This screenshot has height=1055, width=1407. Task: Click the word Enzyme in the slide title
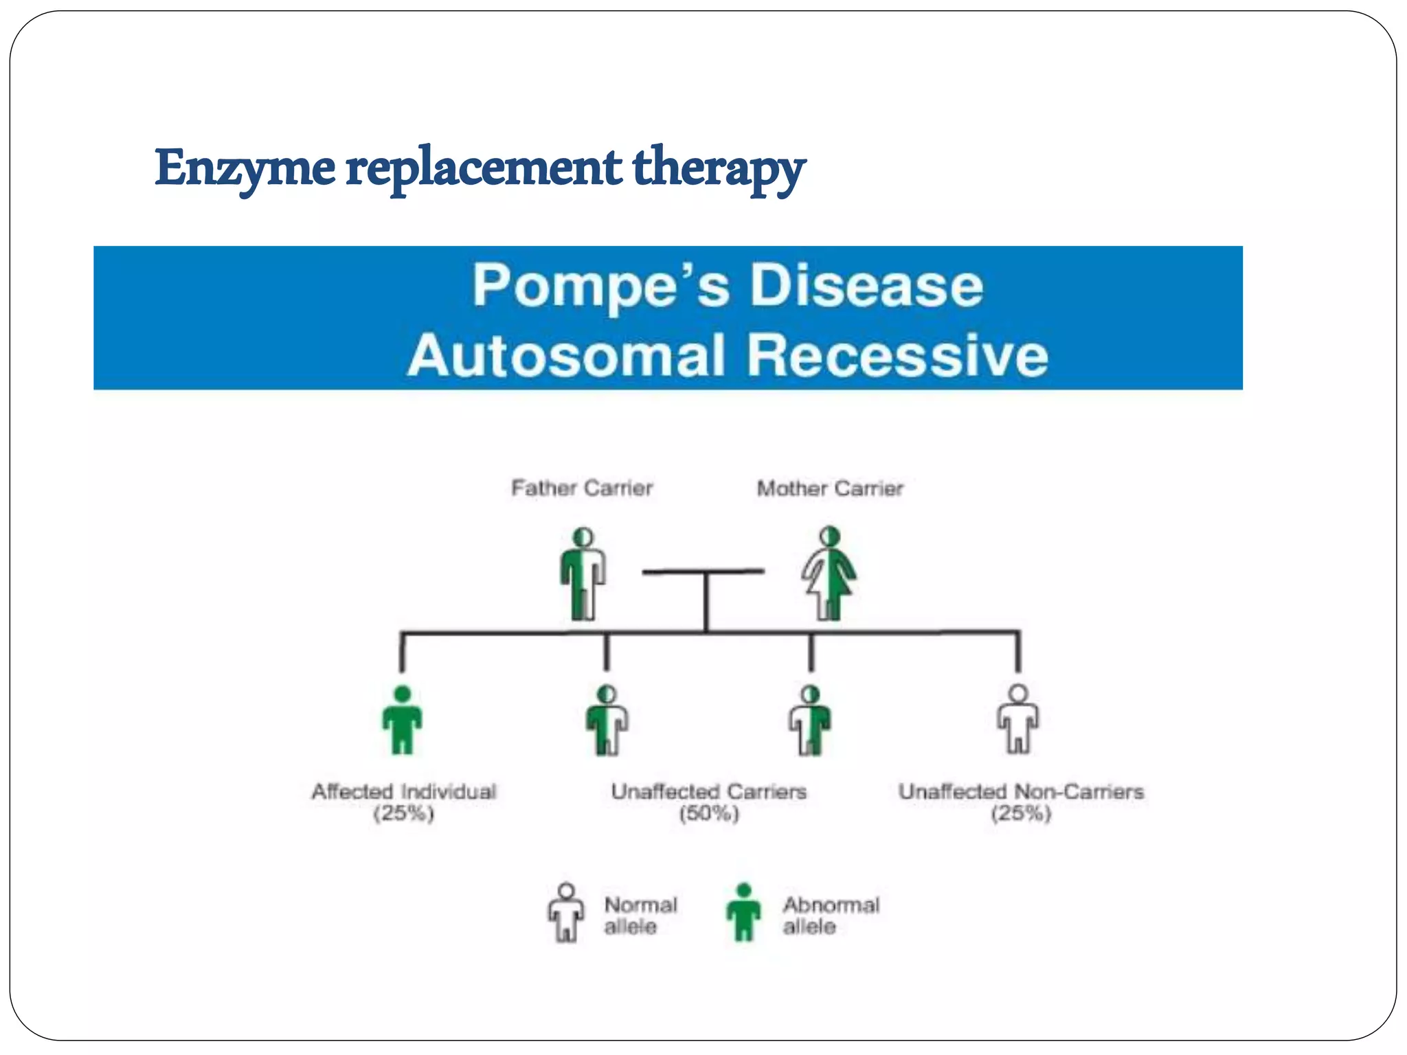pyautogui.click(x=245, y=168)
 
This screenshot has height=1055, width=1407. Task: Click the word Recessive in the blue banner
pyautogui.click(x=897, y=356)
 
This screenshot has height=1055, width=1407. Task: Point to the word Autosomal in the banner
pyautogui.click(x=566, y=356)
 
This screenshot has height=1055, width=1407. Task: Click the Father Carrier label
pyautogui.click(x=581, y=488)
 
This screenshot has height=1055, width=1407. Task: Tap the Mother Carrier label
pyautogui.click(x=829, y=488)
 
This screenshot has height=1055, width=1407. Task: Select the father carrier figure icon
pyautogui.click(x=583, y=574)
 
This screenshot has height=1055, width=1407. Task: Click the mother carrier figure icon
pyautogui.click(x=829, y=574)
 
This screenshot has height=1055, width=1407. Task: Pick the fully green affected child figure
pyautogui.click(x=403, y=721)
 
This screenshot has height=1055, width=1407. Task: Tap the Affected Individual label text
pyautogui.click(x=404, y=792)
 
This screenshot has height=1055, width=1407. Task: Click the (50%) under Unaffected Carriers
pyautogui.click(x=709, y=815)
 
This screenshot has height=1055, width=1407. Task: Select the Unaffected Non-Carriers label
pyautogui.click(x=1021, y=792)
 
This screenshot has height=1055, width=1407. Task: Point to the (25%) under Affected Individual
pyautogui.click(x=404, y=815)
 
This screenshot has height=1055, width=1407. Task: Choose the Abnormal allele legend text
pyautogui.click(x=830, y=916)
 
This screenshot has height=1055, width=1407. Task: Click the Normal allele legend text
pyautogui.click(x=640, y=916)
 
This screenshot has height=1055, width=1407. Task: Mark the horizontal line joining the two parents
pyautogui.click(x=703, y=571)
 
